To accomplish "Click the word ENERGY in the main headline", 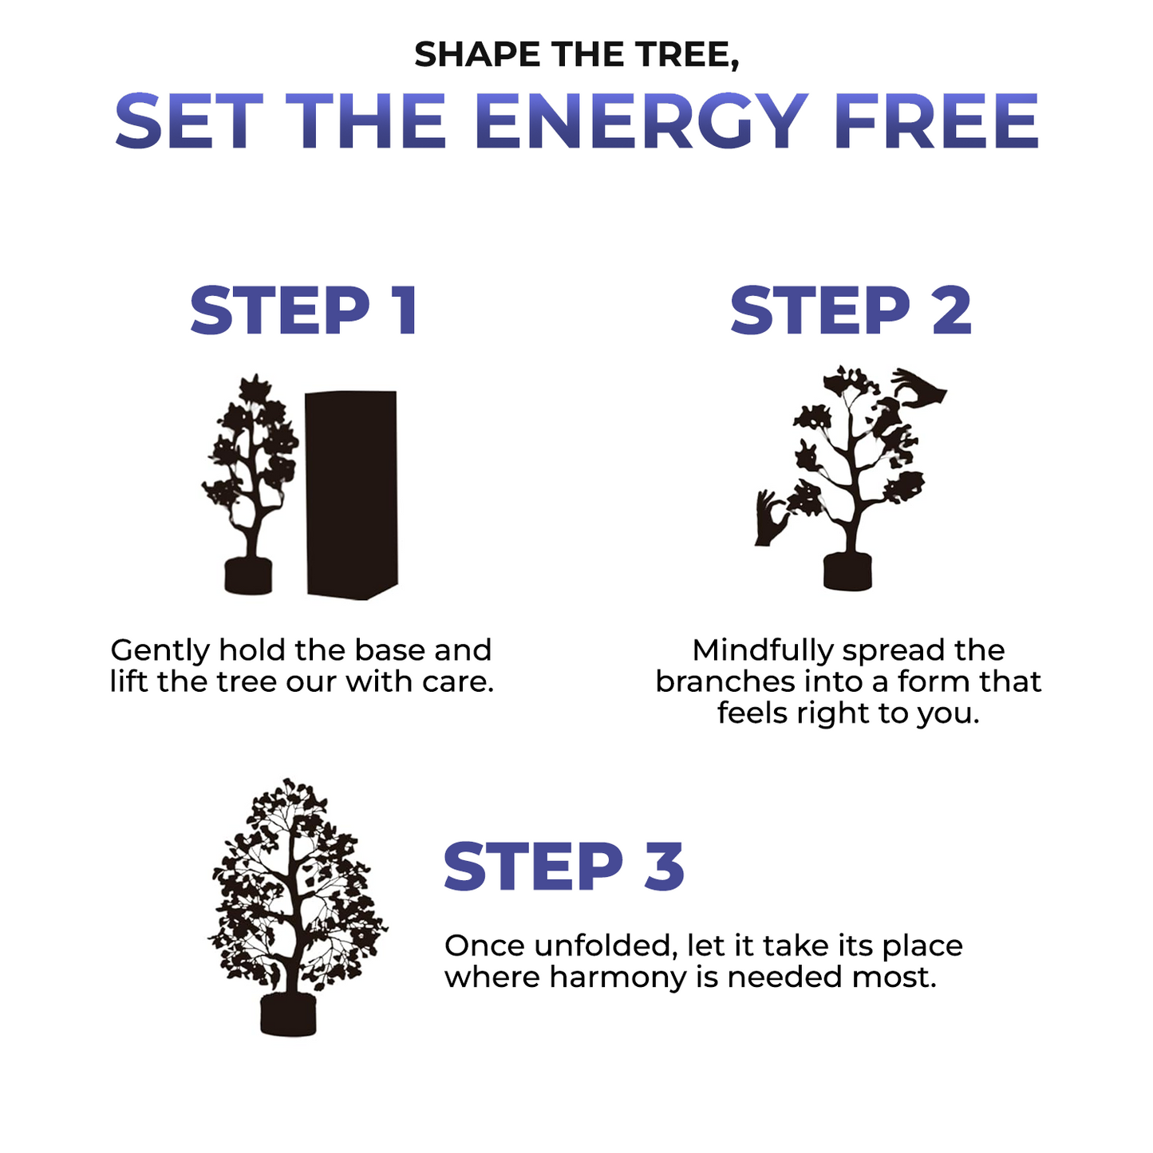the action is pyautogui.click(x=641, y=121).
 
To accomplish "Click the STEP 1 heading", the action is pyautogui.click(x=303, y=310).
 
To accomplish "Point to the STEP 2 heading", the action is pyautogui.click(x=851, y=310).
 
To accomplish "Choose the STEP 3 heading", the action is pyautogui.click(x=563, y=867).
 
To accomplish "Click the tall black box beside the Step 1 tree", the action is pyautogui.click(x=352, y=495).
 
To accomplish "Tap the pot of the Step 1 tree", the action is pyautogui.click(x=248, y=575).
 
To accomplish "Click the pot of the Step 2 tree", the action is pyautogui.click(x=847, y=572).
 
